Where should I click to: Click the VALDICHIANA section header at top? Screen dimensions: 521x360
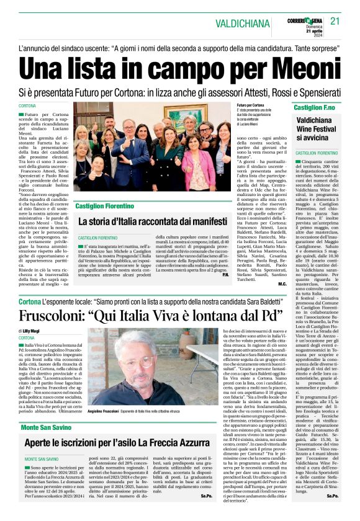coord(258,22)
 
